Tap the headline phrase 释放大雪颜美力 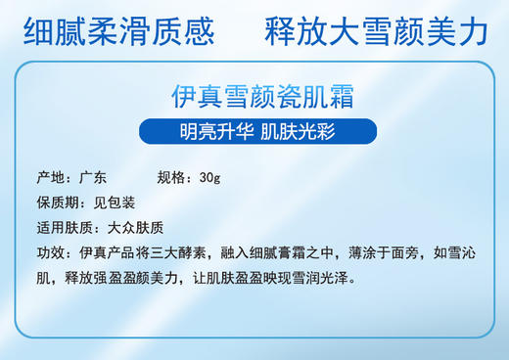(x=376, y=32)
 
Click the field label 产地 (x=49, y=179)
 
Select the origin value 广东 (x=93, y=179)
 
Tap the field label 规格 (x=171, y=179)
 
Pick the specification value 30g (x=209, y=179)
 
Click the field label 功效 (x=49, y=253)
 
